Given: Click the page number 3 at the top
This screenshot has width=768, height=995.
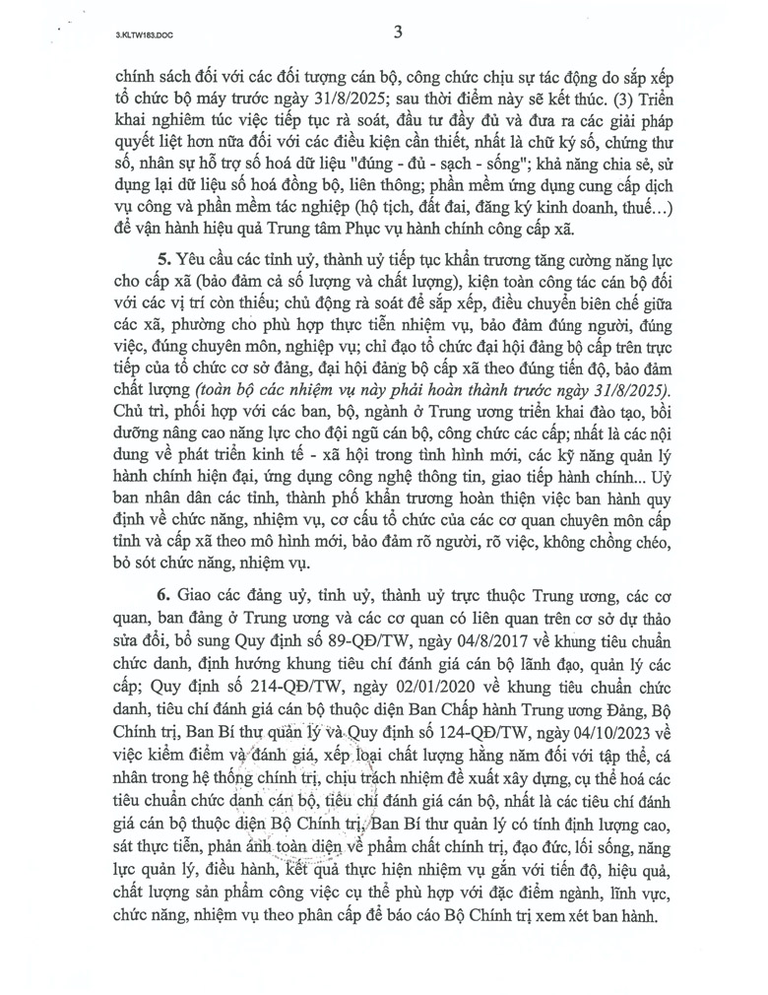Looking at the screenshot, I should tap(398, 32).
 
